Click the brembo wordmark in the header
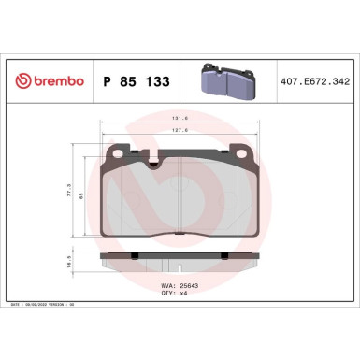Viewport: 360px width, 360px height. (57, 81)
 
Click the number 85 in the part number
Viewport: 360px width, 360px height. (126, 82)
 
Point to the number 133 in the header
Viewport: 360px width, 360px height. (156, 82)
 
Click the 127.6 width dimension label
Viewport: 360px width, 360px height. (180, 132)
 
